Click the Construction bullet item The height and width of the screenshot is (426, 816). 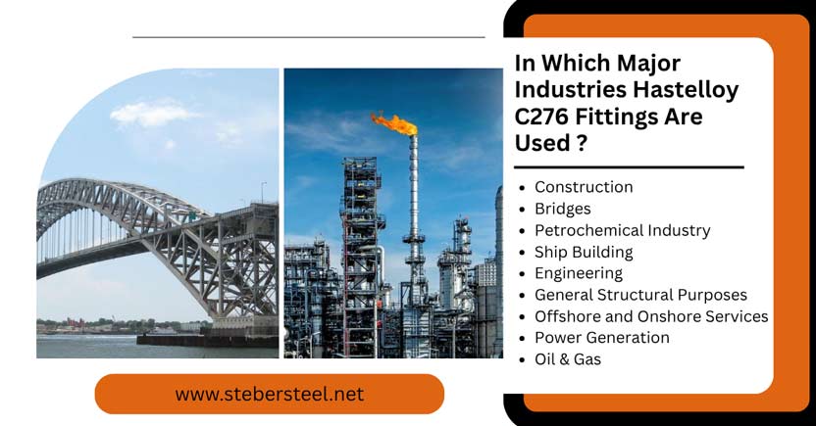tap(584, 187)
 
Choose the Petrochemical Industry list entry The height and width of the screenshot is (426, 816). tap(622, 230)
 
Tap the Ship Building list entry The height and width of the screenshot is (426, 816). tap(584, 252)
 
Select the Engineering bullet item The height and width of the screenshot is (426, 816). tap(579, 273)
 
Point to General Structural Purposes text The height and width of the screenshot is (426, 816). tap(640, 295)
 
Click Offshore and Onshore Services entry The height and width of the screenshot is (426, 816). tap(651, 316)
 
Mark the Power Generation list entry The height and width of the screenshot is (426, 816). tap(602, 338)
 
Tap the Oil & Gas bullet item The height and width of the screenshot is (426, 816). tap(568, 359)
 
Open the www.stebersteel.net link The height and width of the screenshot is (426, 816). tap(270, 395)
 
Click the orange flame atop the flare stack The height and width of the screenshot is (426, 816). tap(395, 122)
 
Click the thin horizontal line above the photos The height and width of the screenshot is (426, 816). tap(308, 37)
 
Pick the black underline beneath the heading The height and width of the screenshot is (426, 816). tap(629, 166)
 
